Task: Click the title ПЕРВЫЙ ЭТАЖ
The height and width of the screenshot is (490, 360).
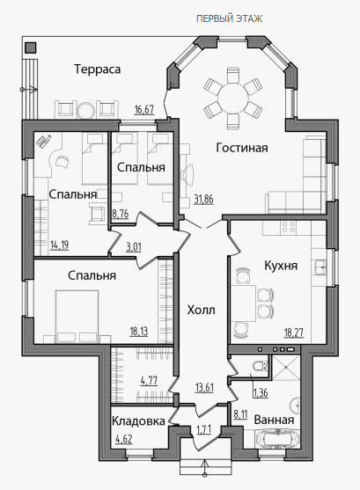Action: pos(229,18)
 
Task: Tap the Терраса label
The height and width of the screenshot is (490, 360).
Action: pos(98,69)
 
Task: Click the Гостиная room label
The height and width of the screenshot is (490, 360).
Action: pos(242,148)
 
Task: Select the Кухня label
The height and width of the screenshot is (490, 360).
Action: pos(281,266)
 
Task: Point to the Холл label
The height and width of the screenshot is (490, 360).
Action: pos(201,311)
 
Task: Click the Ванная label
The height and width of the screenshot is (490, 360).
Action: pos(274,420)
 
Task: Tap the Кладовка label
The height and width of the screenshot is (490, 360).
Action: pos(138,421)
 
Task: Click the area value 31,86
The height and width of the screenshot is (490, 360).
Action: pos(203,199)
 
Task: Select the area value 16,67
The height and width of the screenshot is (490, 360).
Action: pos(144,110)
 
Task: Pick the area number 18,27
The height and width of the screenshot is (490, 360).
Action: pos(293,333)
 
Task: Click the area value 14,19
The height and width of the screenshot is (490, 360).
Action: pos(60,245)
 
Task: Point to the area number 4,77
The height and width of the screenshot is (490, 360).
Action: pos(149,381)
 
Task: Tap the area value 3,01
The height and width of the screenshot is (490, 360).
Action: pos(134,247)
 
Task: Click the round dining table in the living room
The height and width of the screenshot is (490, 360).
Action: pos(233,99)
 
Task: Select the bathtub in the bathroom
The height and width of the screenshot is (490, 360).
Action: pos(277,439)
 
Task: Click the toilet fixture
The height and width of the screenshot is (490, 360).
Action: pos(261,365)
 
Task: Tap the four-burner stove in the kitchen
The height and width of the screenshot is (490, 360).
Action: pos(288,228)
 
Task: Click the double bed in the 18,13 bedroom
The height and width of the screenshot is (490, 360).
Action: pos(77,316)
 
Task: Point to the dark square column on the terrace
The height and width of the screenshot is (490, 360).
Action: pos(31,48)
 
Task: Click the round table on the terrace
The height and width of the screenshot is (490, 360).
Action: pos(85,111)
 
